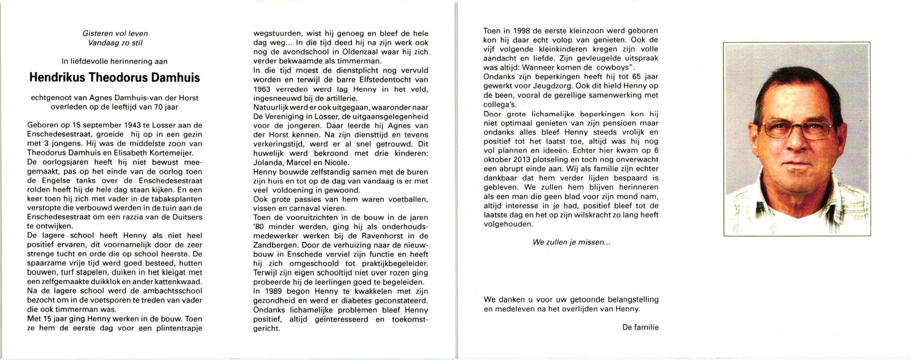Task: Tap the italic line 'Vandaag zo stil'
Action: [x=115, y=43]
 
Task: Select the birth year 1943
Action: [x=132, y=125]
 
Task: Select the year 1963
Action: [x=262, y=89]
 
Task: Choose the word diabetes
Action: [x=354, y=301]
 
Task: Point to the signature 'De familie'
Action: [x=640, y=328]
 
